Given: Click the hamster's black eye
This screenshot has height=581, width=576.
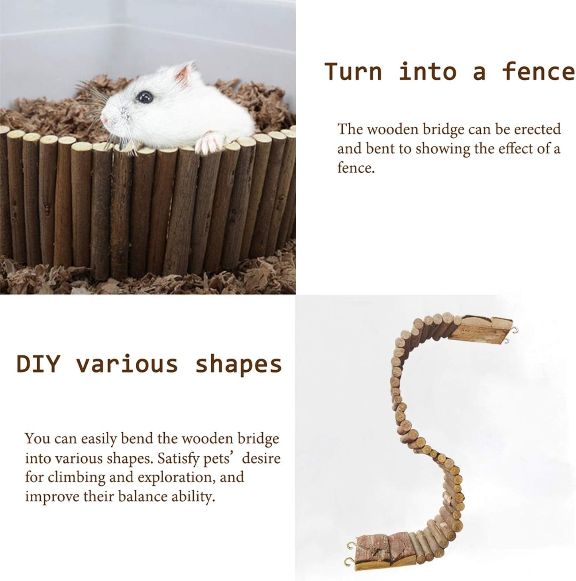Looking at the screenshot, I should [x=144, y=96].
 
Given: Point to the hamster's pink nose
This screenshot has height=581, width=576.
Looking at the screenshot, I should [x=105, y=118].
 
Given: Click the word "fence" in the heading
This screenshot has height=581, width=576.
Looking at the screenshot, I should [x=538, y=72].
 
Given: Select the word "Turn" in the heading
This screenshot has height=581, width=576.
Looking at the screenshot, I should [x=353, y=72].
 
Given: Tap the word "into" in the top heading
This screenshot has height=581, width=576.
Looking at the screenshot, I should [x=427, y=72].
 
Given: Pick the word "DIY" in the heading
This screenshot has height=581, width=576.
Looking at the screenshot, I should [x=38, y=364].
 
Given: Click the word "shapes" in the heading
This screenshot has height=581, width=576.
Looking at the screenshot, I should [x=238, y=364].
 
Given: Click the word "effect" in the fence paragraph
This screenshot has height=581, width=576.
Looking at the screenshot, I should [x=519, y=149].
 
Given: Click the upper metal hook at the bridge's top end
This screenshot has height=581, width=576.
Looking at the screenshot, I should [x=516, y=330].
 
